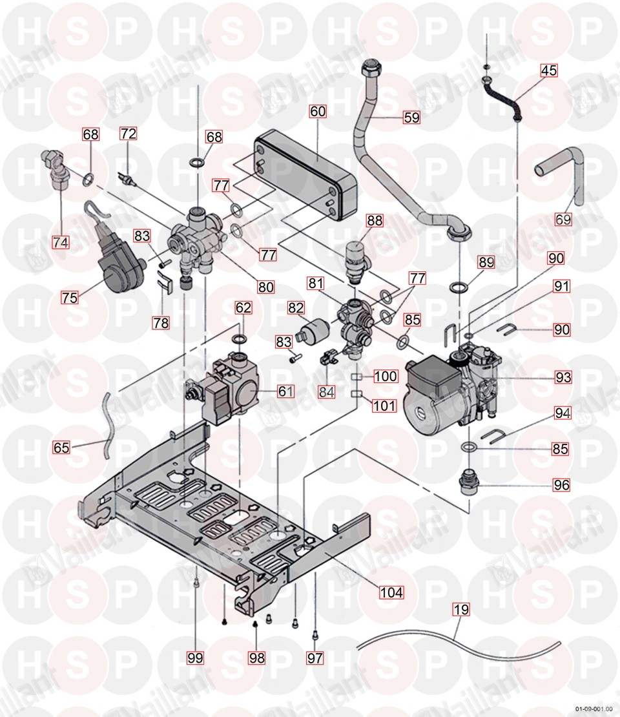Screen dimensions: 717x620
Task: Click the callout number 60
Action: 318,111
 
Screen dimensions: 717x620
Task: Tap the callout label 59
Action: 411,118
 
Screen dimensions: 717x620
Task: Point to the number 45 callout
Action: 548,71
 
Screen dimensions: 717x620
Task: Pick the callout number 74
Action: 61,242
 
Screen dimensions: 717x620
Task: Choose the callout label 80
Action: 266,286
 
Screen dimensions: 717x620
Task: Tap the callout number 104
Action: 391,592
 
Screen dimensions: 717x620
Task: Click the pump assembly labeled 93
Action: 452,388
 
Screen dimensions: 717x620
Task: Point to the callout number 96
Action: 562,484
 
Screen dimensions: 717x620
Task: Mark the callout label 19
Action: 462,609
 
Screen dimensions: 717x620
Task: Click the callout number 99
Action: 195,658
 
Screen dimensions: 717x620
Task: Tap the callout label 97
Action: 315,658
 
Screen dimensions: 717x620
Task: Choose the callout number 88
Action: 375,220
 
